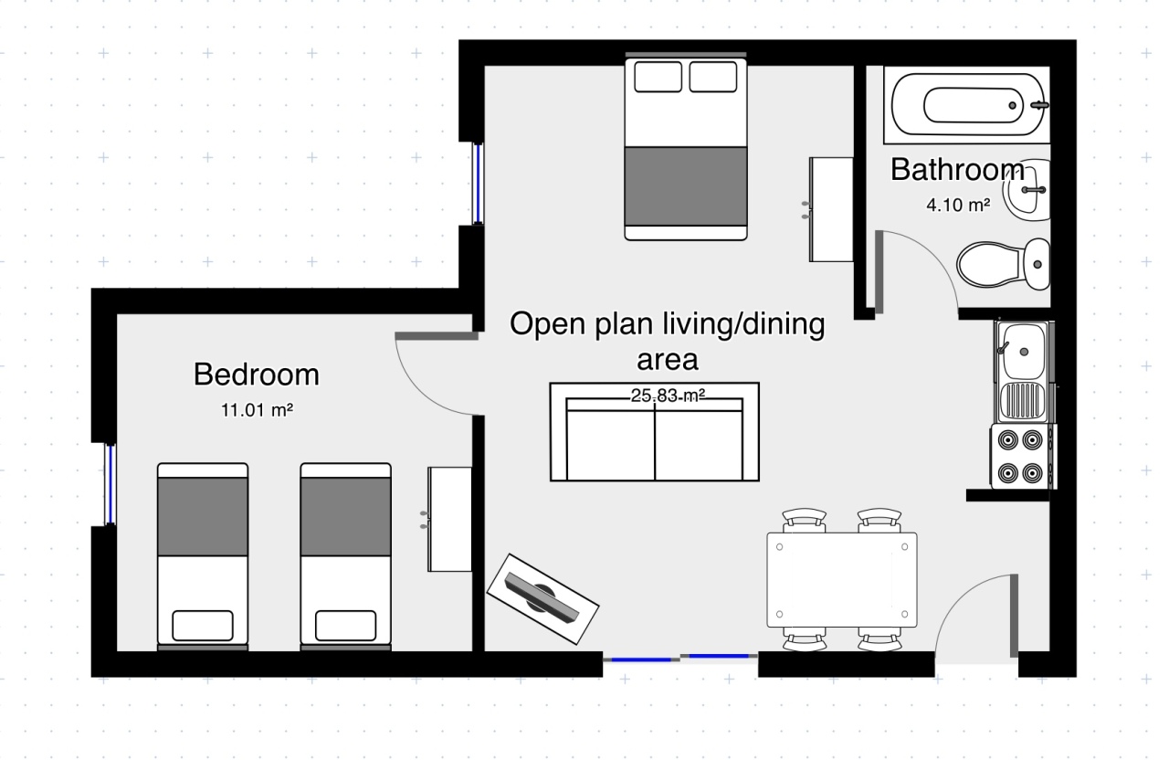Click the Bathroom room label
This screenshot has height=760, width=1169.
(958, 170)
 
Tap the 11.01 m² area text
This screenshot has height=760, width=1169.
(257, 410)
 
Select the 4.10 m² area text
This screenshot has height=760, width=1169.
(958, 205)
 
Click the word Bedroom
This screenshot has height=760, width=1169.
(257, 375)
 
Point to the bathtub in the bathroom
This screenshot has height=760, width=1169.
(967, 105)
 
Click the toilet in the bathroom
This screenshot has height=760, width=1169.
(1003, 264)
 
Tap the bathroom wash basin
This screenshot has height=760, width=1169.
(1027, 189)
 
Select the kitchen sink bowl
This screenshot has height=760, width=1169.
(1021, 352)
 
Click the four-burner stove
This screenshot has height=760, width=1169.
(1023, 457)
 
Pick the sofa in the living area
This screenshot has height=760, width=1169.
(655, 432)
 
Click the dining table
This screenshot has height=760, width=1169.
(842, 580)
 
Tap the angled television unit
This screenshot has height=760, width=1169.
(542, 598)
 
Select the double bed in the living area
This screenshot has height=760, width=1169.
(686, 147)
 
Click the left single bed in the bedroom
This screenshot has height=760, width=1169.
(203, 556)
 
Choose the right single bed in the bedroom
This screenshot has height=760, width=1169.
(345, 556)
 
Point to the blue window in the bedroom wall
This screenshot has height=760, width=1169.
(111, 484)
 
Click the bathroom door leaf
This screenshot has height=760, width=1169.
(879, 271)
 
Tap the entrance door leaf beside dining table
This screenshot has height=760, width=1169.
(1014, 616)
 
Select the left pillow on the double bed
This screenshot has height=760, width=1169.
(658, 77)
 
